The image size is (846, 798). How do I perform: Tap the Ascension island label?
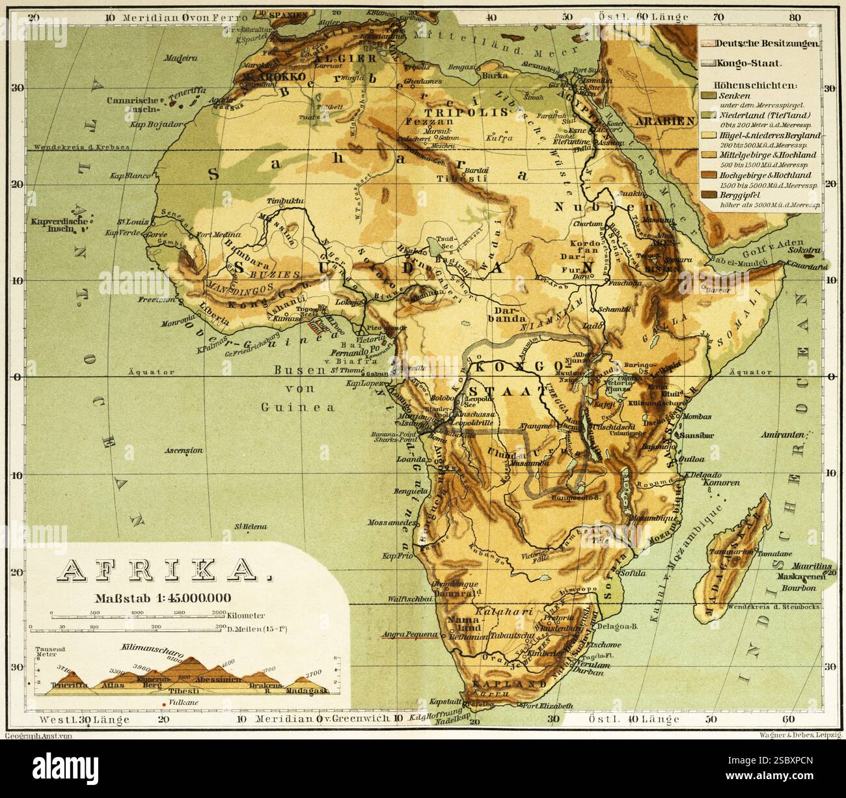[184, 450]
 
